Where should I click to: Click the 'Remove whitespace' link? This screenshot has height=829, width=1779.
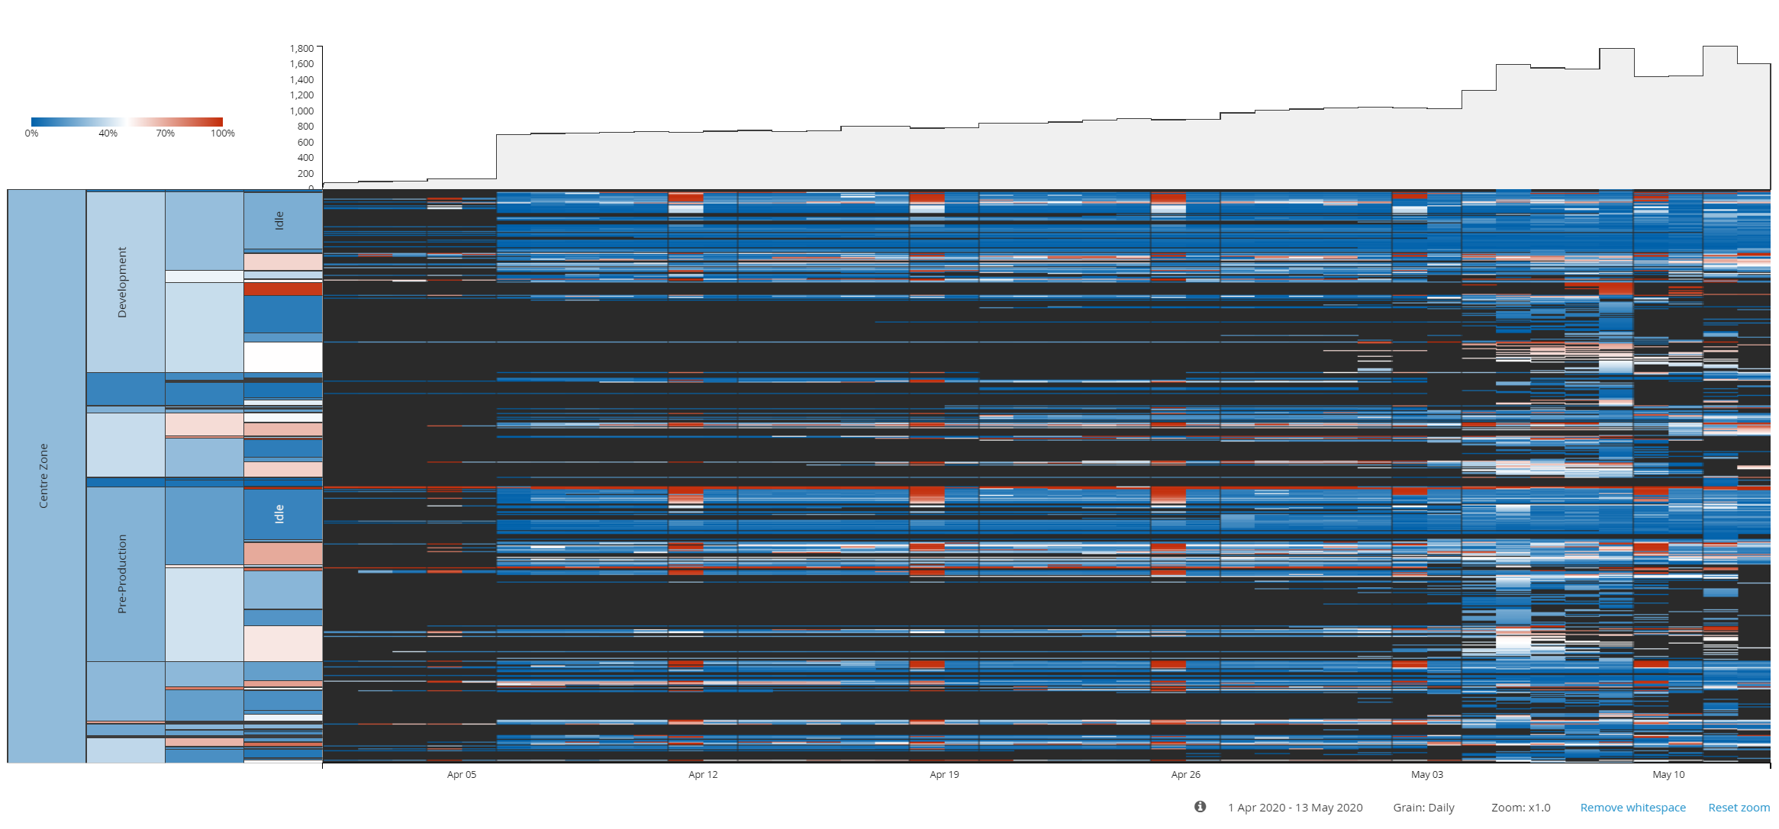1632,808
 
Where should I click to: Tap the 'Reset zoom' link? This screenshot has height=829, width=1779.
1739,808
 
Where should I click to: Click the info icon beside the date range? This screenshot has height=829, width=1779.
1200,807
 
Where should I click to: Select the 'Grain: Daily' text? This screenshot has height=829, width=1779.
1423,808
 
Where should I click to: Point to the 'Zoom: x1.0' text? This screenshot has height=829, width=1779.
1520,808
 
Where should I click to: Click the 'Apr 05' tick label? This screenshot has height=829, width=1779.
461,775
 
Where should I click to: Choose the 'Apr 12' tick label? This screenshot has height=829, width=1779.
703,775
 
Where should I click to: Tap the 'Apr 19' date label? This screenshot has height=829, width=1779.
944,775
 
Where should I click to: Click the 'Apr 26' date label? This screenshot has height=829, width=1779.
1185,775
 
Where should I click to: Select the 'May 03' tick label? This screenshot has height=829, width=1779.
1426,775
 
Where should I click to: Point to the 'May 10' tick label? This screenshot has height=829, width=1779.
1668,775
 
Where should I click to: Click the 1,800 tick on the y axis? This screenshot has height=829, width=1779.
301,49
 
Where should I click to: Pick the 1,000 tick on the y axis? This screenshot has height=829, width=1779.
301,111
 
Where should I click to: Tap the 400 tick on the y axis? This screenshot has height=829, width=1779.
305,158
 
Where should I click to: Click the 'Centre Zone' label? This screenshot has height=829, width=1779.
44,476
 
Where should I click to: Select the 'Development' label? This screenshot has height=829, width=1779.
122,282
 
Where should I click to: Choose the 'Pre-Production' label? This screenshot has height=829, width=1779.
122,574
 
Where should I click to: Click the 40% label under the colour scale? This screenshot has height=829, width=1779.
108,133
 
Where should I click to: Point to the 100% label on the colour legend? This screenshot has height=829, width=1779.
222,133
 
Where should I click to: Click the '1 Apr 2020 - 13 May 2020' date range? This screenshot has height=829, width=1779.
1294,808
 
